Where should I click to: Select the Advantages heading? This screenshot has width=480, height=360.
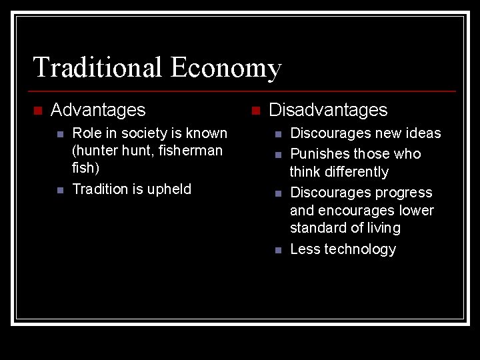tap(98, 109)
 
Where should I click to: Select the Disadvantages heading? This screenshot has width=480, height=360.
tap(328, 109)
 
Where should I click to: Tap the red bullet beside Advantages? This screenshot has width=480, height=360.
tap(38, 110)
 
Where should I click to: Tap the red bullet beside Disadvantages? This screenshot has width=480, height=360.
tap(256, 110)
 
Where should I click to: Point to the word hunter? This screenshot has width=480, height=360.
tap(95, 151)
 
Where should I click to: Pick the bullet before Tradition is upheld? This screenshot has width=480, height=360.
tap(59, 190)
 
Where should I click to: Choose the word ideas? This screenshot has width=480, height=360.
tap(423, 133)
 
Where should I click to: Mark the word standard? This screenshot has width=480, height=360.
tap(317, 228)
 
